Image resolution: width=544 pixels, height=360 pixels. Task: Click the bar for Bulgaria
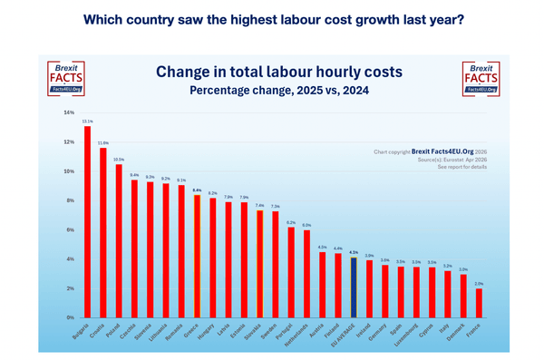[87, 222]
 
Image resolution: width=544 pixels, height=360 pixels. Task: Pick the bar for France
[480, 303]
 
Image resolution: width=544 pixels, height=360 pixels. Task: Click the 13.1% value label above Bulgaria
[87, 121]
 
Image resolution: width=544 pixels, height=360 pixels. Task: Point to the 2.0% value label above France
[480, 284]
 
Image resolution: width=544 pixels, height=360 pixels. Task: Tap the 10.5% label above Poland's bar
[119, 159]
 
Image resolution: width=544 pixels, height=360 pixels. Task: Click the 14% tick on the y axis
[69, 112]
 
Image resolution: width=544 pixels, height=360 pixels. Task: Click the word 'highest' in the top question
[236, 17]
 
